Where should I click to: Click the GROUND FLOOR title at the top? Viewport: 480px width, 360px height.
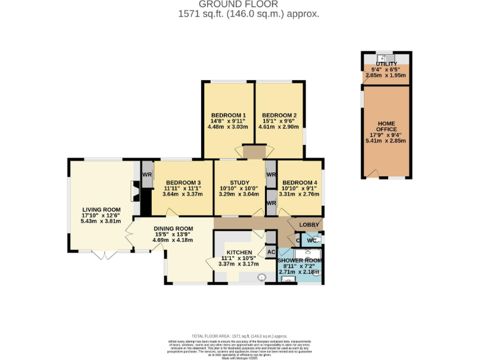point(240,4)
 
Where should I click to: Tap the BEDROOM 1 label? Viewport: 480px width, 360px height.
point(228,116)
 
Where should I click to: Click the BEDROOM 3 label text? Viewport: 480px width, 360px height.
point(182,182)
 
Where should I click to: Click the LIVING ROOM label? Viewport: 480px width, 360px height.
point(101,210)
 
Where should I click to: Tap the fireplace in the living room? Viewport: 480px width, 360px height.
point(133,191)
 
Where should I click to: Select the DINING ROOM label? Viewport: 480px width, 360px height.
point(173,228)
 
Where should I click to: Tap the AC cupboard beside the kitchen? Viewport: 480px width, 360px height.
point(271,252)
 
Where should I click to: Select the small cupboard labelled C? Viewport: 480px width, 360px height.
point(297,241)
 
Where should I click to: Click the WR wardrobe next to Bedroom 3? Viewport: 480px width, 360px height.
point(147,174)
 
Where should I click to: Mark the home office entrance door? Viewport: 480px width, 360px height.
point(373,173)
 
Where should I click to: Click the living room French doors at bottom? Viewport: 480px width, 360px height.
point(102,255)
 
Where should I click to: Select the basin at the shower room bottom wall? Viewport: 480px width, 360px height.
point(288,279)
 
